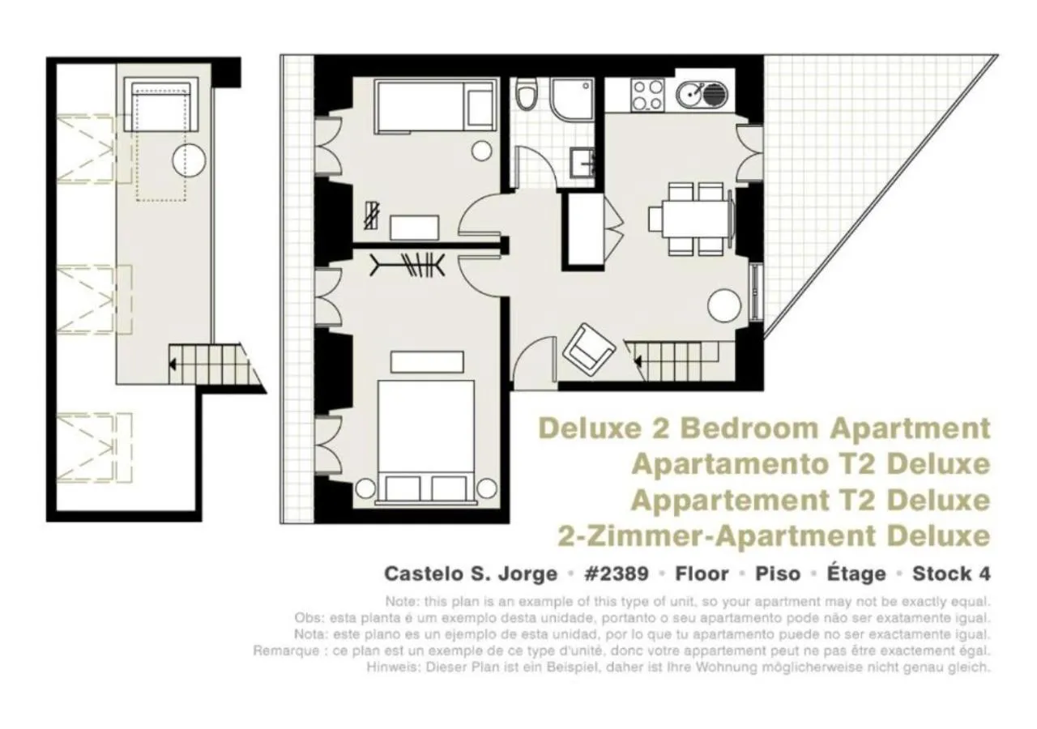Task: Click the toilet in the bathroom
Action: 527,96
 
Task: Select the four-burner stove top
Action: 647,94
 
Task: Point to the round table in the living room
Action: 724,305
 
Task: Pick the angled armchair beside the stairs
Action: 588,348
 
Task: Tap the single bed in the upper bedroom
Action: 435,107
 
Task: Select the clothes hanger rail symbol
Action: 408,265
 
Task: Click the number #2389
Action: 616,574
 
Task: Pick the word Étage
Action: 856,574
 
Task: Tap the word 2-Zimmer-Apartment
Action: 717,536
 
